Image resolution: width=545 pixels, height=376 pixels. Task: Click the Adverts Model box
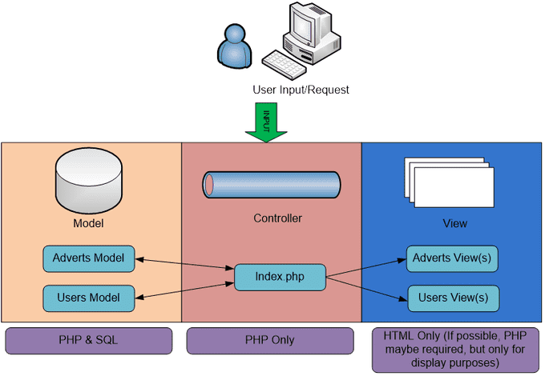tap(89, 258)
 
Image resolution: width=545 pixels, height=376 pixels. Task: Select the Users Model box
tap(89, 298)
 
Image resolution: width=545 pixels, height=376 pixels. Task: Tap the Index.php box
tap(280, 277)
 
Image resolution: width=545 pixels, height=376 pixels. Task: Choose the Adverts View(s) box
tap(453, 258)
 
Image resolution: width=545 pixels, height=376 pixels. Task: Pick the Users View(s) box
tap(453, 298)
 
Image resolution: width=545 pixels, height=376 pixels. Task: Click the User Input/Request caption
tap(301, 90)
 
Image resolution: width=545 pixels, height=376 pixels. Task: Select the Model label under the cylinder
tap(88, 223)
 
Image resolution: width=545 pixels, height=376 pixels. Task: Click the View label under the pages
tap(454, 223)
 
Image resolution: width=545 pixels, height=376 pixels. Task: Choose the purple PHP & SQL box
tap(89, 340)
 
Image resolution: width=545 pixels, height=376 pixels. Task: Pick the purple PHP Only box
tap(269, 340)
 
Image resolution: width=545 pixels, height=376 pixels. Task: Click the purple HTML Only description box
tap(453, 349)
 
